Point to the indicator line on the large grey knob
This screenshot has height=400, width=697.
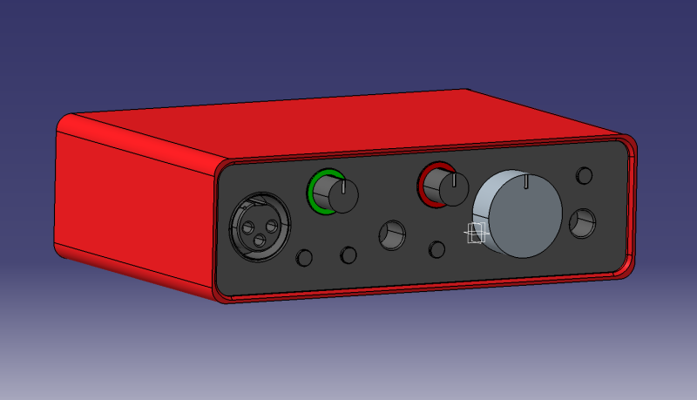coord(528,180)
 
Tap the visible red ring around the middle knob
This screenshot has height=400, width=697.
coord(426,184)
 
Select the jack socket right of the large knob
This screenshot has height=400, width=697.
coord(583,223)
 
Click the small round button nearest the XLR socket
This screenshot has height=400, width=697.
coord(305,258)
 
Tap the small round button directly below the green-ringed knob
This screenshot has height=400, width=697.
coord(348,254)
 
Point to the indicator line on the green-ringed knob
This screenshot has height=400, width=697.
coord(346,186)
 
